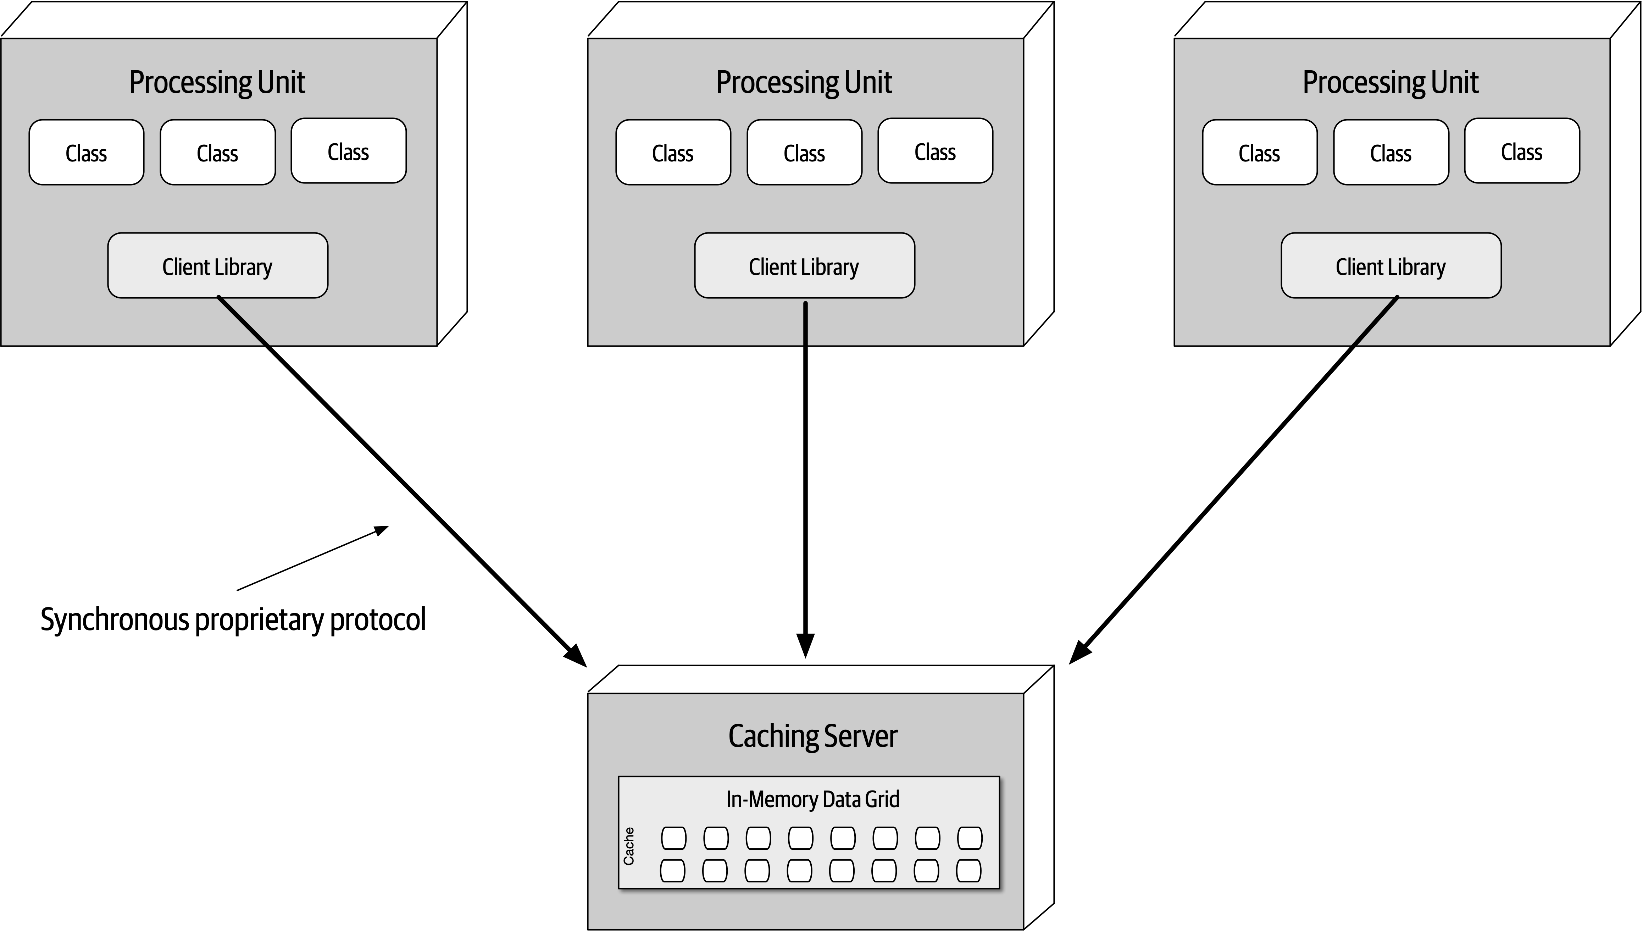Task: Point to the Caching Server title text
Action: click(x=812, y=736)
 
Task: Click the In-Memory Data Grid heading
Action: click(x=812, y=799)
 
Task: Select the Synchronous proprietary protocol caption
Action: click(x=233, y=619)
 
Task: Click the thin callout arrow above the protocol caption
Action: click(x=313, y=558)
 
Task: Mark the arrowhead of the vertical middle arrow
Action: click(x=805, y=645)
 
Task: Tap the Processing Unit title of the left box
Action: click(x=217, y=82)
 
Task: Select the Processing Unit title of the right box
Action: click(x=1391, y=82)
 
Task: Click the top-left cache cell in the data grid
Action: click(x=673, y=838)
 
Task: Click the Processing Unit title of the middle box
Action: click(x=804, y=82)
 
